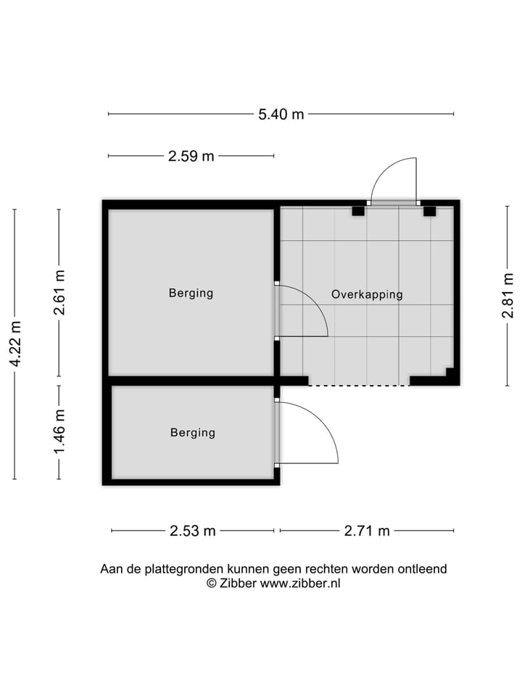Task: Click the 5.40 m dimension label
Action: coord(281,114)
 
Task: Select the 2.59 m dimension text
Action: coord(191,156)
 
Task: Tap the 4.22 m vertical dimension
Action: coord(15,344)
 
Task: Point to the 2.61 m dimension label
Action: coord(59,292)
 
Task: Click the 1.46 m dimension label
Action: coord(59,432)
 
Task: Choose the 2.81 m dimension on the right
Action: coord(507,295)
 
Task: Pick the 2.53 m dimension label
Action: coord(193,531)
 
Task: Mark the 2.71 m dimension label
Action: coord(367,531)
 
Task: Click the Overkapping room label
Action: coord(367,294)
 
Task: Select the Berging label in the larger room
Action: coord(191,293)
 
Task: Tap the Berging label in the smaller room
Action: coord(193,433)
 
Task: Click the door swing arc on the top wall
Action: coord(395,178)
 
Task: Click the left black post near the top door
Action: coord(357,211)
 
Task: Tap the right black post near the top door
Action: coord(429,211)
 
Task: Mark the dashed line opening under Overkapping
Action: coord(359,385)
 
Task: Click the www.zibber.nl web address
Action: coord(300,583)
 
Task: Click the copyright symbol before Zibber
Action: coord(212,583)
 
